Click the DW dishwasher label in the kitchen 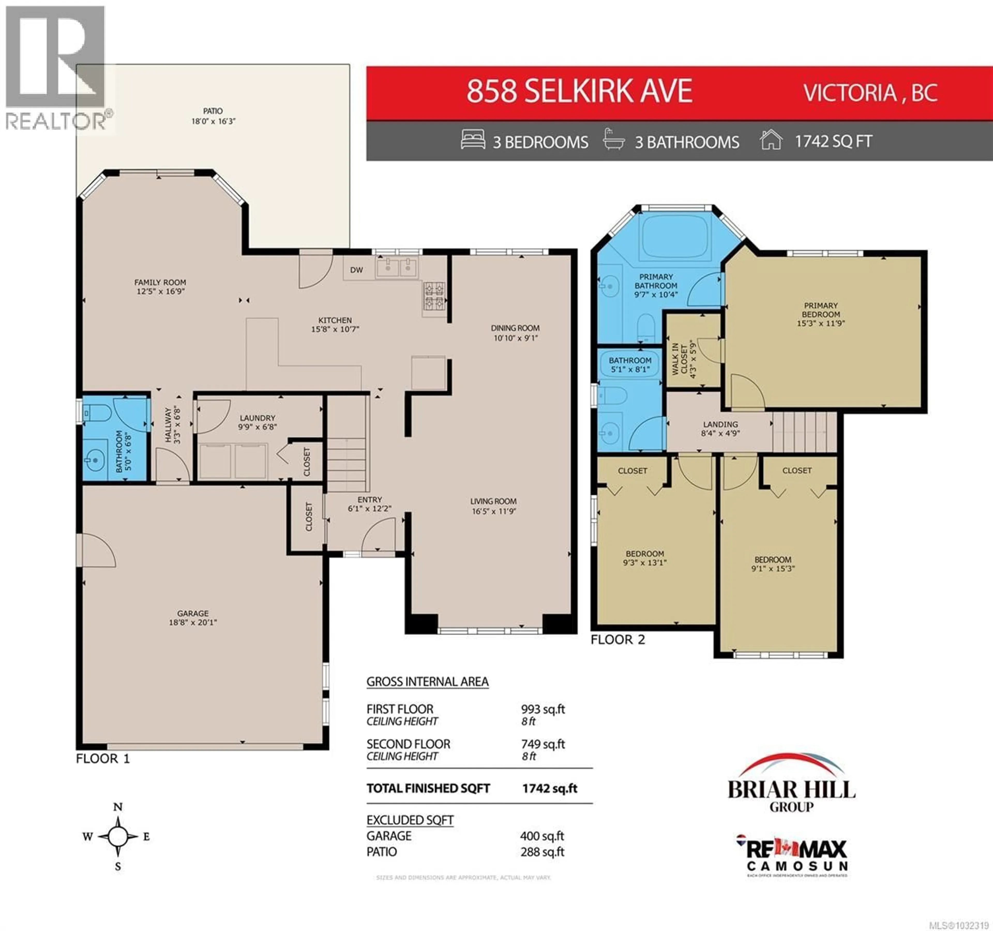356,270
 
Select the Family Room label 160,282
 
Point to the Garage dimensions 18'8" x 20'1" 193,622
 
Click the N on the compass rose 118,807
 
